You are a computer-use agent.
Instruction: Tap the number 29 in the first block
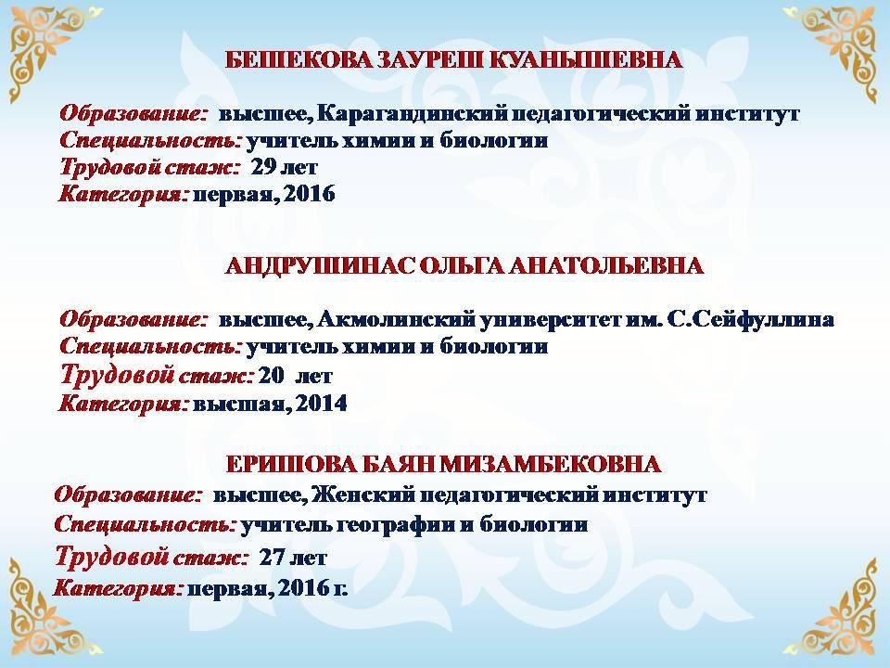[x=263, y=167]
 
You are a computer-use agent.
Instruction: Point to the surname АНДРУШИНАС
[x=321, y=266]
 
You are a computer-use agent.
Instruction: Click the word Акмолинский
[x=396, y=320]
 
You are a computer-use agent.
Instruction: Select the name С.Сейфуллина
[x=750, y=320]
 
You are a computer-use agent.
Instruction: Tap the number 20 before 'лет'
[x=271, y=376]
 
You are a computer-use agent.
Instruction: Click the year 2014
[x=321, y=404]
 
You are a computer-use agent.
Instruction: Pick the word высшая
[x=243, y=404]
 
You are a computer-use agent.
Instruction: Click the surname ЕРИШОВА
[x=291, y=464]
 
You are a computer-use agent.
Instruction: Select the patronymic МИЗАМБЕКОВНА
[x=550, y=464]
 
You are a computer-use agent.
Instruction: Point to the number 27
[x=272, y=558]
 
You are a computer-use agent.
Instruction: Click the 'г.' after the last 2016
[x=339, y=589]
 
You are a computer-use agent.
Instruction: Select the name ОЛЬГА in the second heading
[x=461, y=266]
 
